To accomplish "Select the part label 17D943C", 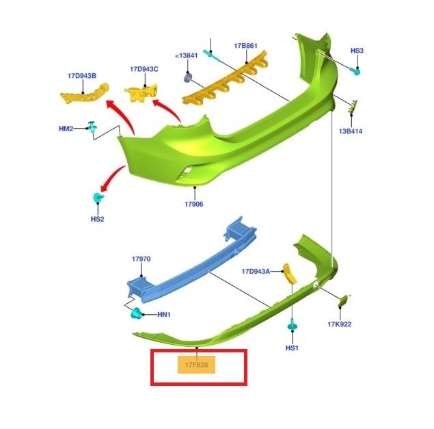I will coord(144,69).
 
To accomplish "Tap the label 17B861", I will coord(245,46).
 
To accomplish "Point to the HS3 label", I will coord(357,51).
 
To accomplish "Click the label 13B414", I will coord(350,131).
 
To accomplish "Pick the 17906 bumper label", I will coord(194,204).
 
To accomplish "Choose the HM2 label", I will coord(66,128).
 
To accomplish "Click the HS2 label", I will coord(97,219).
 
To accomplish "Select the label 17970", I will coord(141,259).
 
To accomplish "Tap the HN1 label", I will coord(164,315).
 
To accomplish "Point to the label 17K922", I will coord(339,324).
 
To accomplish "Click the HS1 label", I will coord(292,348).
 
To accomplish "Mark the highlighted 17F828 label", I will coord(197,365).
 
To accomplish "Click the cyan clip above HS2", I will coord(98,198).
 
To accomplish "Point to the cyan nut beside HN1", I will coord(136,315).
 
